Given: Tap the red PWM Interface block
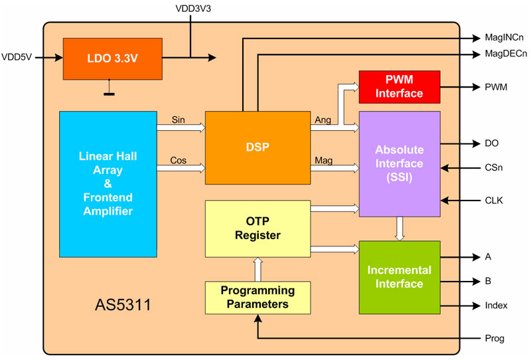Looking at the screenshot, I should pyautogui.click(x=399, y=86).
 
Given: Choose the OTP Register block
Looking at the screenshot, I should pyautogui.click(x=258, y=228).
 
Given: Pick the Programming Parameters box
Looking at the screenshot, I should pyautogui.click(x=258, y=298).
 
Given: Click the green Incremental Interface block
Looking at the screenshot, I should pyautogui.click(x=399, y=277).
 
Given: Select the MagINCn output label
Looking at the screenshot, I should pyautogui.click(x=504, y=38).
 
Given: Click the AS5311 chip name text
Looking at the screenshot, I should pyautogui.click(x=123, y=307).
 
